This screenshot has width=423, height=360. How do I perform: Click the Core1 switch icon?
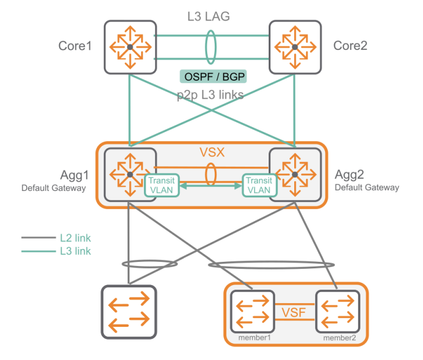pos(129,46)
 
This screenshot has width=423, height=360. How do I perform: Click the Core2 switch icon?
pos(295,46)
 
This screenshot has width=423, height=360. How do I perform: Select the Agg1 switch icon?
pos(130,174)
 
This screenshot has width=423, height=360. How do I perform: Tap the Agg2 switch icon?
pos(295,174)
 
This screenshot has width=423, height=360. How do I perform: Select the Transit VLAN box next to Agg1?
pos(162,185)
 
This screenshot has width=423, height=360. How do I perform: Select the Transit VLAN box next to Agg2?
pos(258,185)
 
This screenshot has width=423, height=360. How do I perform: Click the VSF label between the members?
pos(294,313)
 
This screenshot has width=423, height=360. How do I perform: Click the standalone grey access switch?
pos(129,312)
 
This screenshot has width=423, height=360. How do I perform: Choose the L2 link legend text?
pos(75,238)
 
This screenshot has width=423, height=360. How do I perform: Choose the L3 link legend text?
pos(75,251)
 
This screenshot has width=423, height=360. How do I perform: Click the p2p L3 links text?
pos(210,95)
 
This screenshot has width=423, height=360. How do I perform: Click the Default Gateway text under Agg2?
pos(367,188)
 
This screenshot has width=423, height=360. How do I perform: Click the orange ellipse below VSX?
pos(211,174)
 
